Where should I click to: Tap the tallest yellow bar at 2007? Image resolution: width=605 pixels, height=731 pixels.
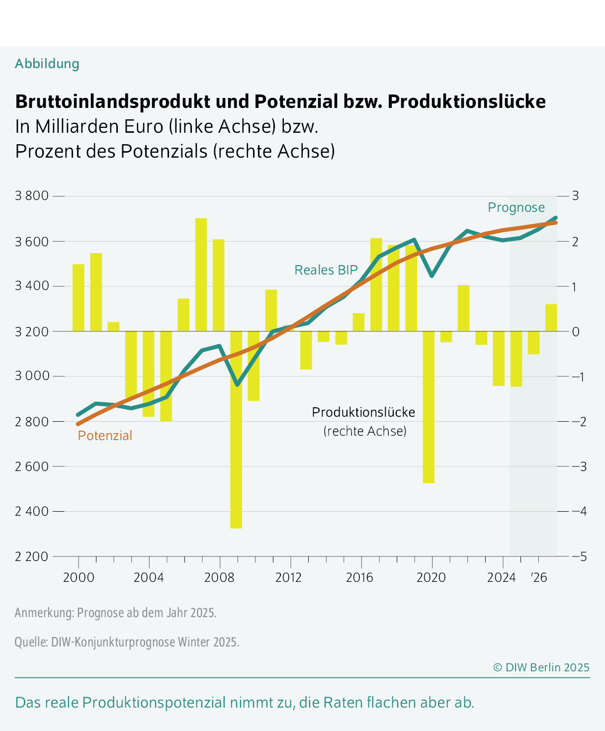pos(201,274)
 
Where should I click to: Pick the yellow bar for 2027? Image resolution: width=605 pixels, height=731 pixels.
pos(551,318)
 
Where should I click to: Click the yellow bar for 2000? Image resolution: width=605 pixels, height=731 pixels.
pos(79,297)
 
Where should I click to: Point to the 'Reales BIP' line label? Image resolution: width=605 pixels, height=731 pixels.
pos(326,270)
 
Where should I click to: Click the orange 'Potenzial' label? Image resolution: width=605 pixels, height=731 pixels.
pos(105,436)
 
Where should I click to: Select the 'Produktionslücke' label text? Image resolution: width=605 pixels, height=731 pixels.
pos(363,412)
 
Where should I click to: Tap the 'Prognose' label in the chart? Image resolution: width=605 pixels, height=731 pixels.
pos(516,207)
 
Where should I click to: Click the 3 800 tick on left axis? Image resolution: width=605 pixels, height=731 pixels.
pos(32,196)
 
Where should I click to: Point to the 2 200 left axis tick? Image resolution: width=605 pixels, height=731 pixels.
pos(32,556)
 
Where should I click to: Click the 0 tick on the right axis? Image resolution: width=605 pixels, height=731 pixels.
pos(576,332)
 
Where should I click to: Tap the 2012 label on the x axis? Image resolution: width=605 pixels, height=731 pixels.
pos(289,578)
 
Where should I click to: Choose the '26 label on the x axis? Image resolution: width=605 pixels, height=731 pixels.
pos(538,578)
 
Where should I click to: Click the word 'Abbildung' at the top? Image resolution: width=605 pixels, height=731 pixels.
pos(47,64)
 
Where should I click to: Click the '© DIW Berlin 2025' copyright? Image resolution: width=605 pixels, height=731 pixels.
pos(541,667)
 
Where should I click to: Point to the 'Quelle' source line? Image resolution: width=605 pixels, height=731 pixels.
pos(127,642)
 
